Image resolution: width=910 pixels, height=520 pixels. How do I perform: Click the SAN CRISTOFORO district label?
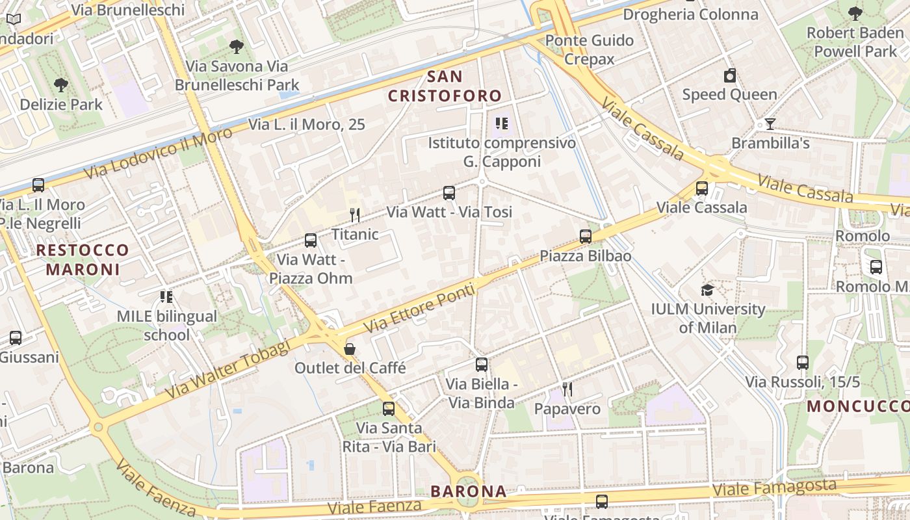coord(445,86)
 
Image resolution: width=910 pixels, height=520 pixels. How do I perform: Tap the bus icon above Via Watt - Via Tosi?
coord(449,192)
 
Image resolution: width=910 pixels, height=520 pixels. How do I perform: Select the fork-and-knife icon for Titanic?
coord(355,214)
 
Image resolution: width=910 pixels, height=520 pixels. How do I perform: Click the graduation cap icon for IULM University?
coord(707,290)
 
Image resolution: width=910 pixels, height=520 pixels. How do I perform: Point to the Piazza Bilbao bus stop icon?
coord(586,236)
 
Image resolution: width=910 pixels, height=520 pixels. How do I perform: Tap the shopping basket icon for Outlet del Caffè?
coord(350,349)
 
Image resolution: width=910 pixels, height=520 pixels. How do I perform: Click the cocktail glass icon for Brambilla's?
coord(770,123)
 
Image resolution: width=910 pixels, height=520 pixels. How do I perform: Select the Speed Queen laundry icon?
coord(730,75)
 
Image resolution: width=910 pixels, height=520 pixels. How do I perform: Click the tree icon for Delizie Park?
coord(61,84)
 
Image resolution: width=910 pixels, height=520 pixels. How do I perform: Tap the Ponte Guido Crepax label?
coord(590,49)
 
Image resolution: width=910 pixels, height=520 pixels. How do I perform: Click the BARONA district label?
coord(469,491)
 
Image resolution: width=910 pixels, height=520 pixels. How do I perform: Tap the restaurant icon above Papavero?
coord(567,389)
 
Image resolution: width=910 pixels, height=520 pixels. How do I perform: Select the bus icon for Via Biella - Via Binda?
coord(482,365)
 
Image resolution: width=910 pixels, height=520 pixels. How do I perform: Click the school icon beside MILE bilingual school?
coord(166,297)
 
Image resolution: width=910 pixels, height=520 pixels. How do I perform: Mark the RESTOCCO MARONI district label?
coord(83,259)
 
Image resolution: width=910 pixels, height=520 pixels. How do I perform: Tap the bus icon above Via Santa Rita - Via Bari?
coord(389,409)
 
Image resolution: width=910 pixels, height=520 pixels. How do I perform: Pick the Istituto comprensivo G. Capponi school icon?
coord(501,123)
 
